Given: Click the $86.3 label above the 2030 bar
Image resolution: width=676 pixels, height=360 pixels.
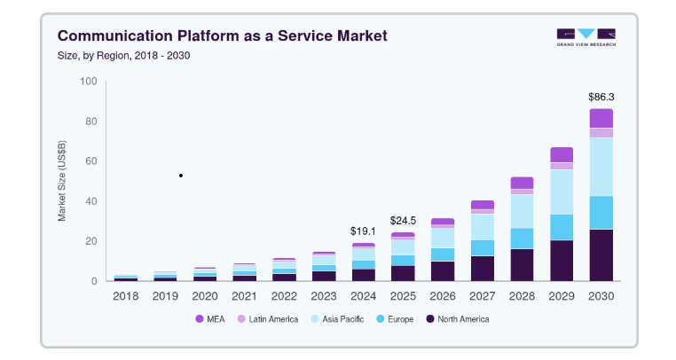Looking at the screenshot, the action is click(601, 97).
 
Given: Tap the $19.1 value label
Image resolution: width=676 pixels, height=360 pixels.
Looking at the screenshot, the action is click(363, 231).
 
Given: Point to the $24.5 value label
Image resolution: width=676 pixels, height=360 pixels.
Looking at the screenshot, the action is click(403, 221).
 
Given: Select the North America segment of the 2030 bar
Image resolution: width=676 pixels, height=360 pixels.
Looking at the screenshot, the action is click(601, 255).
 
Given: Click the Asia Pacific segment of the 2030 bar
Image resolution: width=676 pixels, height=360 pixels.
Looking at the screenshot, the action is click(601, 167).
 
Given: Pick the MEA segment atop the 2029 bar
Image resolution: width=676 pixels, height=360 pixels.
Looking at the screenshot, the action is click(562, 155).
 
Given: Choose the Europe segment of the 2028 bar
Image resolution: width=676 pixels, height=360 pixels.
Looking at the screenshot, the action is click(522, 239).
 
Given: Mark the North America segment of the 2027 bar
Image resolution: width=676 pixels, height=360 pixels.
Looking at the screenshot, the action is click(482, 269).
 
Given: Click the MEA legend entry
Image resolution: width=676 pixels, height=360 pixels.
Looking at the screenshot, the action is click(210, 319).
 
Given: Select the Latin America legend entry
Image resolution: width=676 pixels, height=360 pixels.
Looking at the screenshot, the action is click(268, 319).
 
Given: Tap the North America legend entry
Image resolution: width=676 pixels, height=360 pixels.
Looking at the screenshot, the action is click(458, 319).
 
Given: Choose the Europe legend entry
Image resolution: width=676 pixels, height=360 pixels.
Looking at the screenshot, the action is click(395, 319).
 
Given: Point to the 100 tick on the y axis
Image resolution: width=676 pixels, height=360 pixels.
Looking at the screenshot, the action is click(89, 81).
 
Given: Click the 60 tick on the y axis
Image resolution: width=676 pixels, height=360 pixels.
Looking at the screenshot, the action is click(91, 161).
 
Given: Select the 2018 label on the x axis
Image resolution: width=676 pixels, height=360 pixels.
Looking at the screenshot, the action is click(125, 296).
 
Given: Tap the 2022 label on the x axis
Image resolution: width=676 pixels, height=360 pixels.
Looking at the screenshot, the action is click(284, 296).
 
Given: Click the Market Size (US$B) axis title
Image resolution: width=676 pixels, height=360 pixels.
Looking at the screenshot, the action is click(62, 181).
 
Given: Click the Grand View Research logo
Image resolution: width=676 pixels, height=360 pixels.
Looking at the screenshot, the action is click(586, 37).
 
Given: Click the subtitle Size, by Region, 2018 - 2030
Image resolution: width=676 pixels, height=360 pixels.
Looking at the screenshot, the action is click(123, 56).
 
